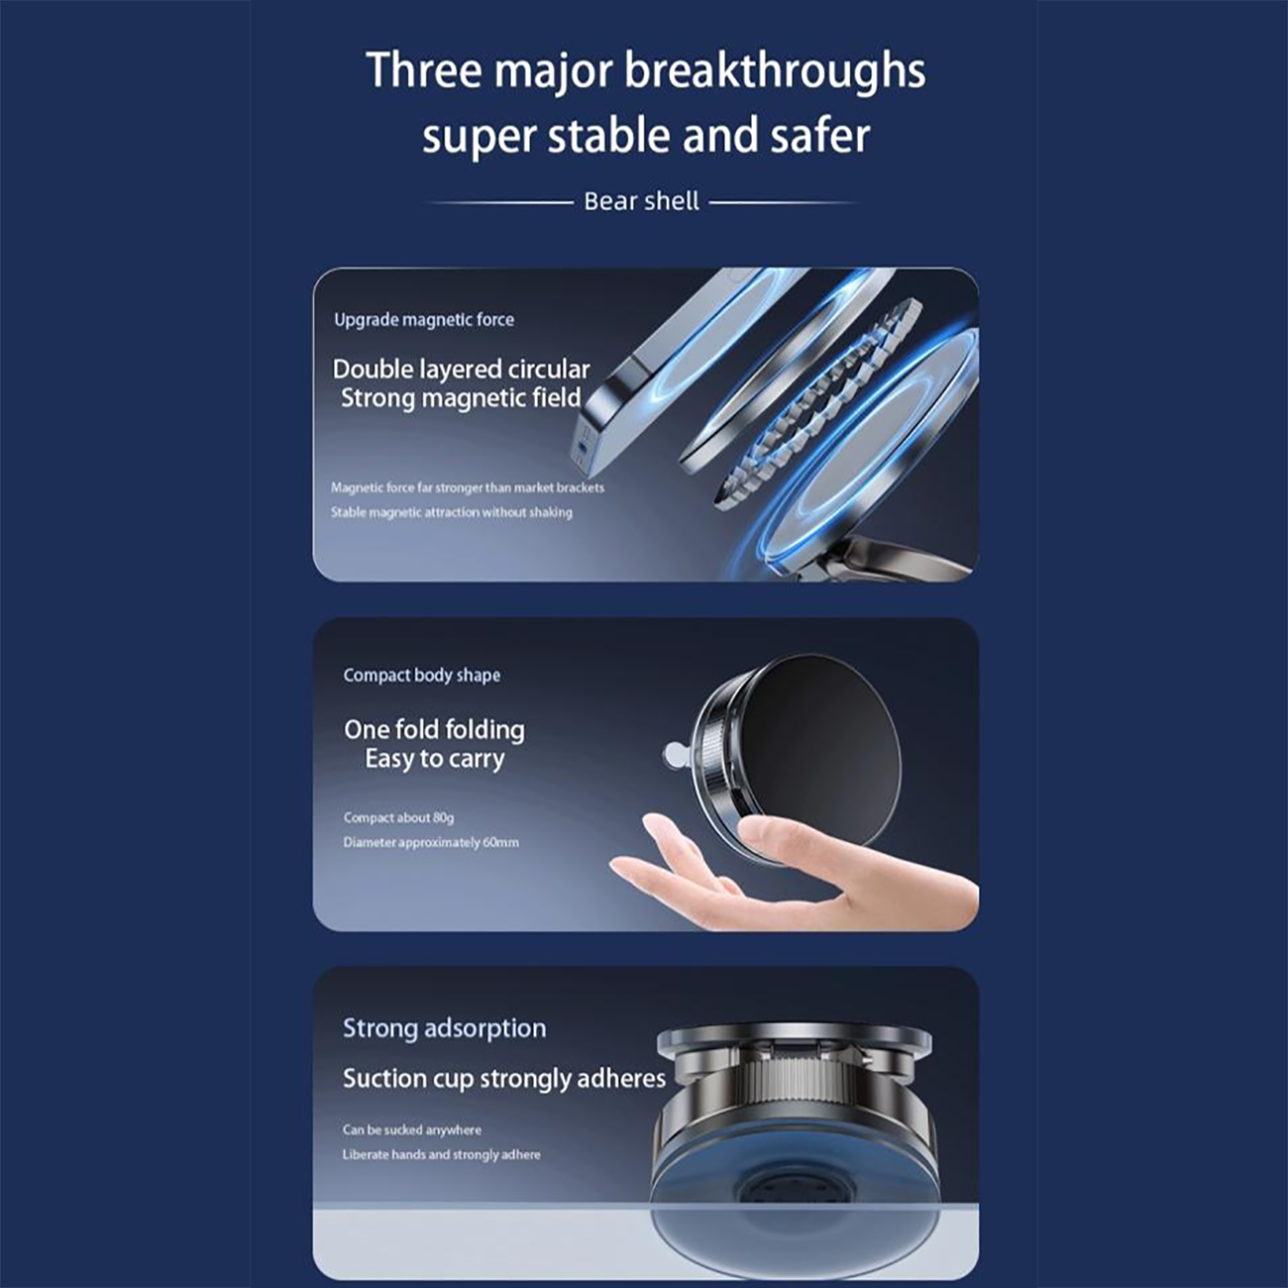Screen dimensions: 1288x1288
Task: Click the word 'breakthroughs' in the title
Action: coord(775,70)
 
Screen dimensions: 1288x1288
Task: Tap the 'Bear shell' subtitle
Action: coord(641,201)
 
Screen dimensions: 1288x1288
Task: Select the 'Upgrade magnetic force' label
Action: coord(424,319)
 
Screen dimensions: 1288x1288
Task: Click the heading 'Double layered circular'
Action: coord(461,369)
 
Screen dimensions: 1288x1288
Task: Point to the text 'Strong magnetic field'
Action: coord(461,398)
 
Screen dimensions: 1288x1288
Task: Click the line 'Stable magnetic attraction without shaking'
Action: coord(451,512)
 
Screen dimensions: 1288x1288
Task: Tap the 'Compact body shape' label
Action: coord(422,675)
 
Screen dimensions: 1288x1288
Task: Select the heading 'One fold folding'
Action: coord(435,729)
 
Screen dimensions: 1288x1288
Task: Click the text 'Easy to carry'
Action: coord(435,759)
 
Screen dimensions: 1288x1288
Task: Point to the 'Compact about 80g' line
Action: coord(398,817)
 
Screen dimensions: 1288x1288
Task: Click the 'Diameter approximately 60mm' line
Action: coord(431,842)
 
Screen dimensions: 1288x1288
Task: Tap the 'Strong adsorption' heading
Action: coord(445,1028)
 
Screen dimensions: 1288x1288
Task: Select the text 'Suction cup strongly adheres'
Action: coord(504,1078)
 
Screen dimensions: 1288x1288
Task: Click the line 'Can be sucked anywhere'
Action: coord(412,1129)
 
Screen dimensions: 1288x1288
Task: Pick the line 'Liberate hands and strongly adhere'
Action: coord(441,1154)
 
